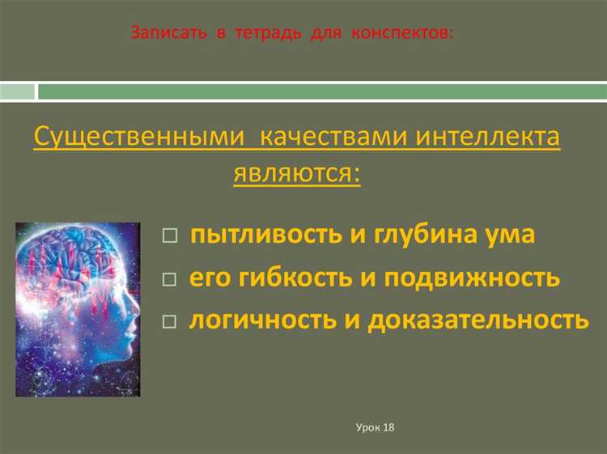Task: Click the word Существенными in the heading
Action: click(x=138, y=137)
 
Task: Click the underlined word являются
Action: click(x=297, y=172)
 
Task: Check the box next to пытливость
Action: click(x=168, y=236)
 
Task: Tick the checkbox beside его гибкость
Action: click(x=168, y=279)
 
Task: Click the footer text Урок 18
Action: click(x=374, y=426)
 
